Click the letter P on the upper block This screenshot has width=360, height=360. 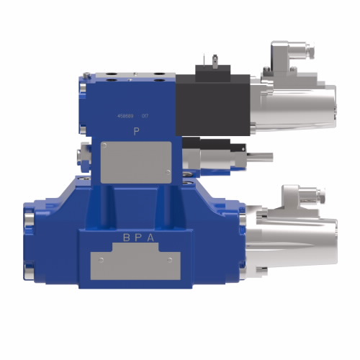click(137, 131)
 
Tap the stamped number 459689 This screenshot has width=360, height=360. click(125, 115)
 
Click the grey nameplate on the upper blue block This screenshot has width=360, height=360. click(135, 162)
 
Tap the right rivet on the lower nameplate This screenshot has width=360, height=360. click(168, 259)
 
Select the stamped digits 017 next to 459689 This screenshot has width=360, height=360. click(145, 115)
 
